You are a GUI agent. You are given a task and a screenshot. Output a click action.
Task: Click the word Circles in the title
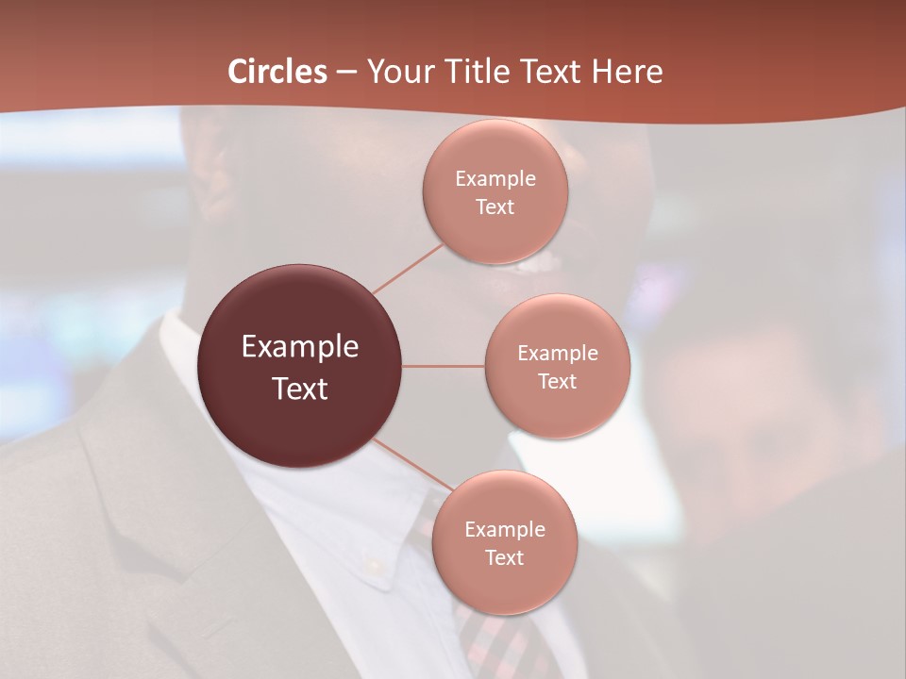(277, 72)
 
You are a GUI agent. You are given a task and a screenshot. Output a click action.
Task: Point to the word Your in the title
(398, 72)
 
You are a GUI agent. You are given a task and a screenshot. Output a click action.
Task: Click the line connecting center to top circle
(408, 269)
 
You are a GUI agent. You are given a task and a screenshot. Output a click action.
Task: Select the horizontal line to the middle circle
(444, 366)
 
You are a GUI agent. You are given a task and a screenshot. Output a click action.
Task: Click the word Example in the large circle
(300, 347)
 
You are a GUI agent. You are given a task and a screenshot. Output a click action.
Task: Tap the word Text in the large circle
(300, 389)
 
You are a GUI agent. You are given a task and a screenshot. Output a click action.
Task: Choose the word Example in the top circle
(495, 178)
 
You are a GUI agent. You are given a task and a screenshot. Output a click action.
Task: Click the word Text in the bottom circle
(504, 557)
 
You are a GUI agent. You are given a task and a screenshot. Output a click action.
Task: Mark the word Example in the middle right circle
(557, 353)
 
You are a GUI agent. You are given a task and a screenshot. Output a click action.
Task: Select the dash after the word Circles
(346, 72)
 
